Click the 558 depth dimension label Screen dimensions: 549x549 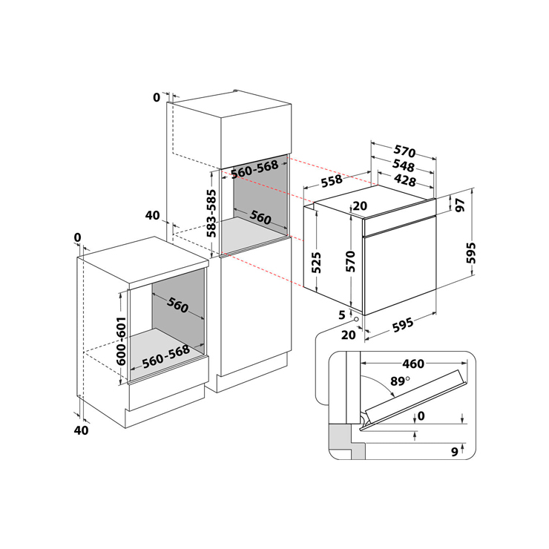pos(332,181)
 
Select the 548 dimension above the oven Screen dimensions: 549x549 pos(404,165)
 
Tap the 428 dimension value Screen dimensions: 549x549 pos(405,180)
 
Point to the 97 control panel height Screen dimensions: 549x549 pos(460,205)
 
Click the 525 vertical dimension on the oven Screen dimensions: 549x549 pos(316,263)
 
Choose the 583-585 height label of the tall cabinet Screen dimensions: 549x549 pos(211,214)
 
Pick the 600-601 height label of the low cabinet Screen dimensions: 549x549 pos(121,341)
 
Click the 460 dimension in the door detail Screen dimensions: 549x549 pos(413,364)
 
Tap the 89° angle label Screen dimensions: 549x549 pos(400,381)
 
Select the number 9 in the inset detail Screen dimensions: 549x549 pos(455,452)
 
